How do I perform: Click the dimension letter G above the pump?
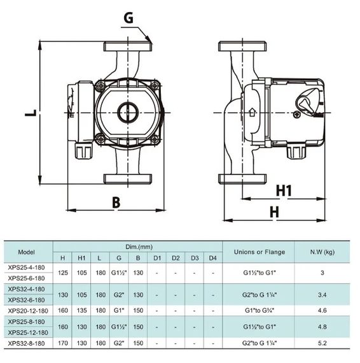coord(128,18)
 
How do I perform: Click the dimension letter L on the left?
coord(31,113)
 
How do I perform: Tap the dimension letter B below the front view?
coord(116,202)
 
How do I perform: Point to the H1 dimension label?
coord(284,191)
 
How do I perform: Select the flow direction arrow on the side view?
coord(253,112)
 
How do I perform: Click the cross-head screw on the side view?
coord(296,115)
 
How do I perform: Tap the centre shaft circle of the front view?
coord(127,113)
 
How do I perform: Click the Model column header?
coord(27,252)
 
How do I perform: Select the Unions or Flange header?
coord(260,252)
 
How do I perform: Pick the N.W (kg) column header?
coord(322,252)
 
